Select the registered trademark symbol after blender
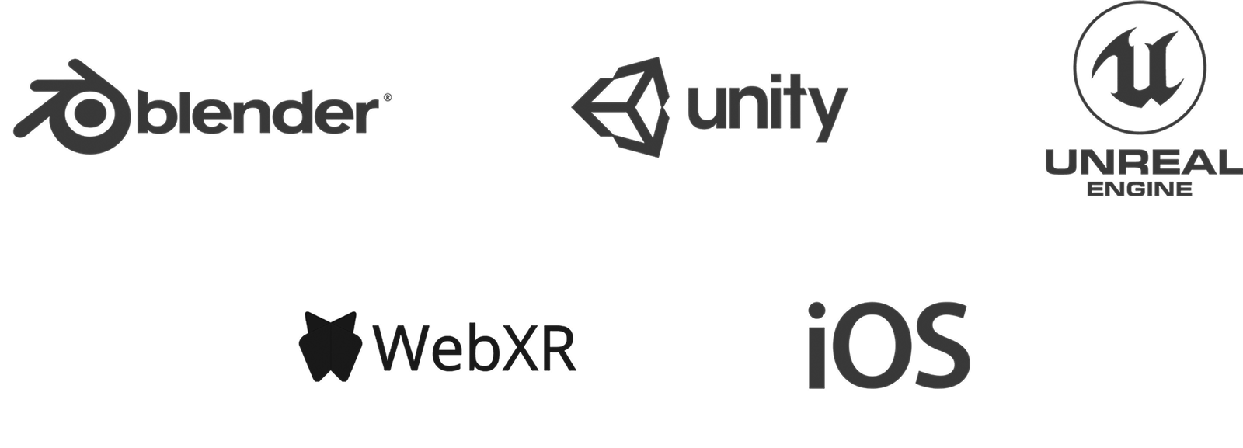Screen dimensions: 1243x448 coord(388,98)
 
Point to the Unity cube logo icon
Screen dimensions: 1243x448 coord(621,106)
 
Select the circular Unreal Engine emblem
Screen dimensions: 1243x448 coord(1140,67)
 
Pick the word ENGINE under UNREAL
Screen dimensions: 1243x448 coord(1140,189)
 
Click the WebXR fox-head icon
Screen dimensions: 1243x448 coord(330,346)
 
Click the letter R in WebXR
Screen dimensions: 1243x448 coord(559,347)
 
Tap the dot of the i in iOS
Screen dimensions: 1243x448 coord(816,311)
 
